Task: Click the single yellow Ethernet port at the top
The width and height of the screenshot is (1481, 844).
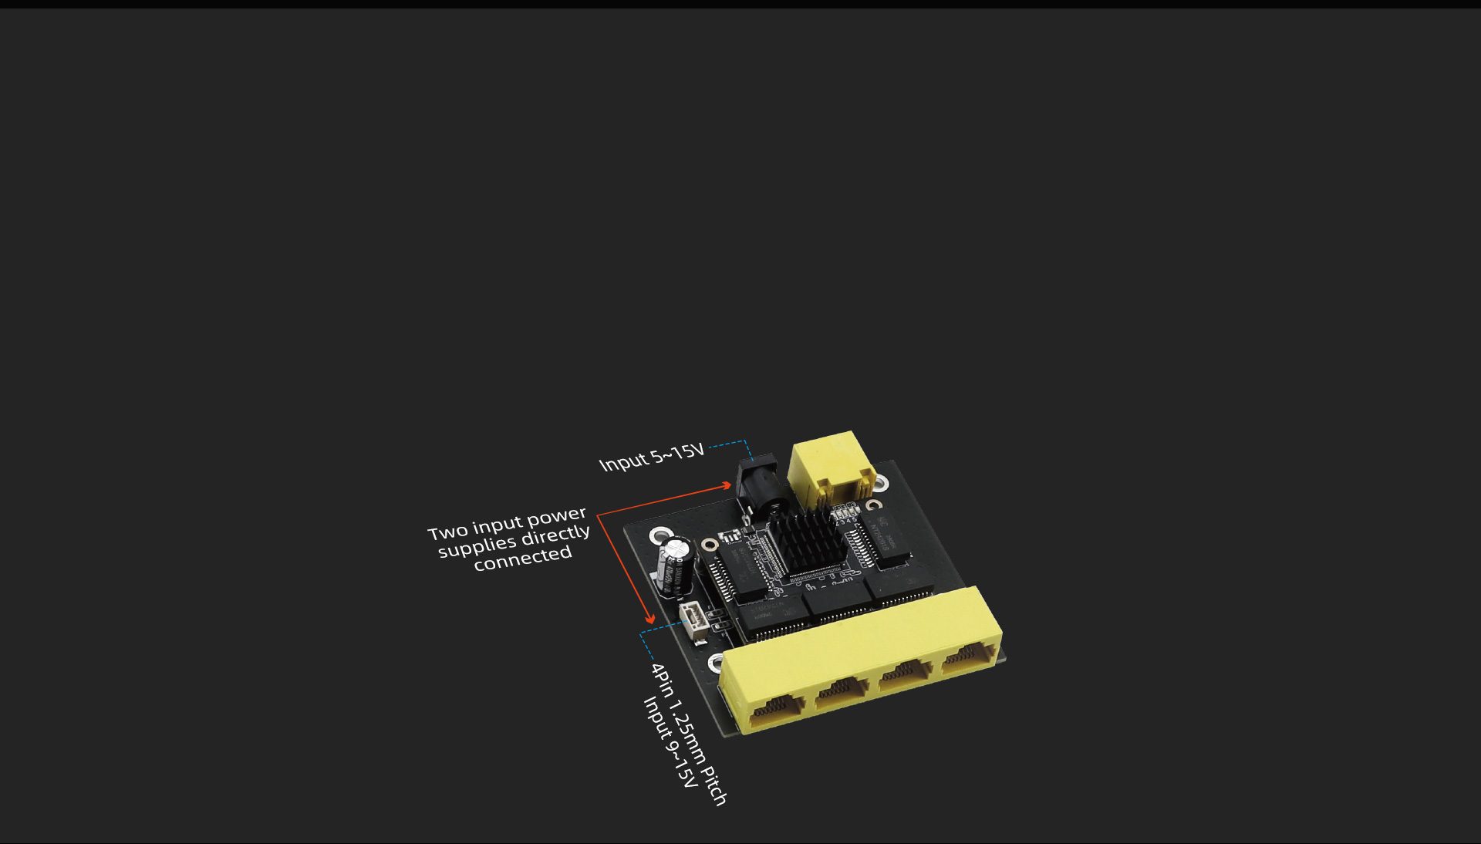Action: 832,469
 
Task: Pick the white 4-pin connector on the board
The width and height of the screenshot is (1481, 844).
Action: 693,622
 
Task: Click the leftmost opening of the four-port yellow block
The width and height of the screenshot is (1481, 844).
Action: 777,708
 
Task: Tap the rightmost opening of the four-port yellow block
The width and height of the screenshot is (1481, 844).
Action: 969,656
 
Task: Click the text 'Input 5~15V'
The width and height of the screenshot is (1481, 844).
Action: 652,457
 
